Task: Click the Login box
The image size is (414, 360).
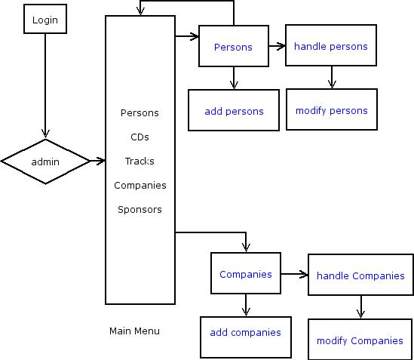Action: click(45, 19)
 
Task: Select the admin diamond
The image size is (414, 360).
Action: click(45, 162)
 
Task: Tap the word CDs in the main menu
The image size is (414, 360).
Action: click(140, 137)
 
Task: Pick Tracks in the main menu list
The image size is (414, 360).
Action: click(140, 161)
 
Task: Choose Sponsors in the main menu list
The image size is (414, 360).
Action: click(140, 210)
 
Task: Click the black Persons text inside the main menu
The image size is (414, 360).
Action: click(140, 113)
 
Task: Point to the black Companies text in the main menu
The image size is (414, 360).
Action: click(140, 186)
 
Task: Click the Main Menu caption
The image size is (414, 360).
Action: click(134, 331)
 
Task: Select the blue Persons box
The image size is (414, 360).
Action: click(234, 46)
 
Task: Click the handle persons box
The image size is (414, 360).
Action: click(331, 45)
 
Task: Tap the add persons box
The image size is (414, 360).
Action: click(234, 110)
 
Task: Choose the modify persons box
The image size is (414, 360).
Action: click(332, 109)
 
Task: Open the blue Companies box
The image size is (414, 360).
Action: click(246, 273)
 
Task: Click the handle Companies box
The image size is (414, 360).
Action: click(360, 275)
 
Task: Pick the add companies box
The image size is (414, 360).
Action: click(246, 337)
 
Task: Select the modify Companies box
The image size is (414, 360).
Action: click(360, 340)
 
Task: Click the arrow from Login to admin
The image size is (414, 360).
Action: click(45, 85)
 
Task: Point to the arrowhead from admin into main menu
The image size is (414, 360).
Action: click(101, 161)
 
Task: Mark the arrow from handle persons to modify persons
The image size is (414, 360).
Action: click(332, 77)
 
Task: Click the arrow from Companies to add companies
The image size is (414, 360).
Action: click(246, 305)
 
